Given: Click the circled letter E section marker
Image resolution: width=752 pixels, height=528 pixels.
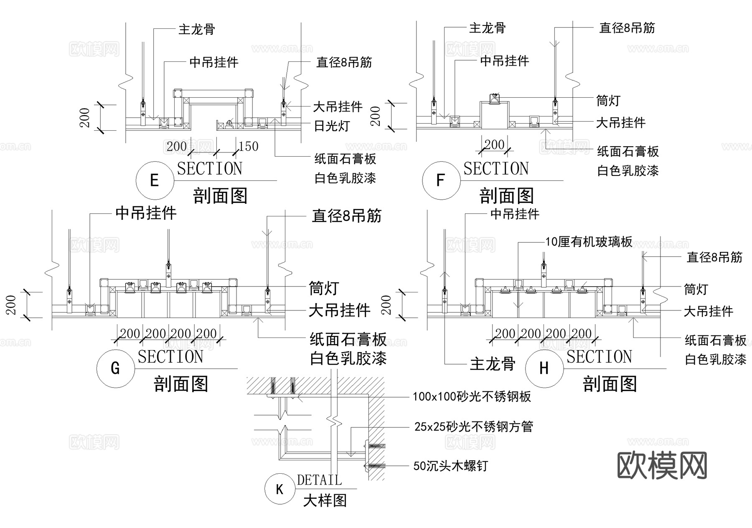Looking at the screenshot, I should click(x=155, y=180).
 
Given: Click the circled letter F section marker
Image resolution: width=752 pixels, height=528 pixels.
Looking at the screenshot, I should click(x=441, y=180).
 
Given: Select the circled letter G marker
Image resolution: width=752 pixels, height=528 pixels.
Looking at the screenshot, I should click(x=115, y=368).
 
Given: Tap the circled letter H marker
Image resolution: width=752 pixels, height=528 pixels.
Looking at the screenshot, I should click(x=544, y=368).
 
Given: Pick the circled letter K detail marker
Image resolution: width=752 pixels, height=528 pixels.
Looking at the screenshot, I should click(x=279, y=489).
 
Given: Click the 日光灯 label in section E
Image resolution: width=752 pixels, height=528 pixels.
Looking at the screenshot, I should click(x=332, y=126).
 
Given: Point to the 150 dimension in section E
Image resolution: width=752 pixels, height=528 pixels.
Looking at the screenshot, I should click(x=249, y=147).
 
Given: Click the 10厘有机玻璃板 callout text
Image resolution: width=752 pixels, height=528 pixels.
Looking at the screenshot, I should click(x=589, y=242).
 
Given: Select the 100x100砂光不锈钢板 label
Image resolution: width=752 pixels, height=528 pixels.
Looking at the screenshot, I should click(x=472, y=396).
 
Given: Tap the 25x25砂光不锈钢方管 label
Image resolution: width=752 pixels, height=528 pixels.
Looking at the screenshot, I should click(x=473, y=426).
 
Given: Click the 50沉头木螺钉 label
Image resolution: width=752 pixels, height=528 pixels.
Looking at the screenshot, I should click(x=450, y=466).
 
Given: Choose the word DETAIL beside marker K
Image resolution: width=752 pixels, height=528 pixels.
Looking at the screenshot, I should click(x=319, y=480).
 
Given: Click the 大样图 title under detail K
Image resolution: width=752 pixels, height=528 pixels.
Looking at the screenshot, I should click(x=325, y=500).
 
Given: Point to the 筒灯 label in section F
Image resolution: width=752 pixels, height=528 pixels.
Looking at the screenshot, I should click(x=608, y=101).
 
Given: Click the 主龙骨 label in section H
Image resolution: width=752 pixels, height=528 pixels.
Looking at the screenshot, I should click(x=493, y=364).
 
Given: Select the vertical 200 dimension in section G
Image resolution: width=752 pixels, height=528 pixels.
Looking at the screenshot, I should click(x=11, y=305).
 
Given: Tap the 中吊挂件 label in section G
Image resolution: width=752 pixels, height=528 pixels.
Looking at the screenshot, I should click(x=146, y=213).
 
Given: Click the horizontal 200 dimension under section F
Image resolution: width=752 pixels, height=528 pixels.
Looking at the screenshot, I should click(x=494, y=145).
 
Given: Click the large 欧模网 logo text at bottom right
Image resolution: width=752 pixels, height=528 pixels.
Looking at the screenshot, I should click(x=662, y=465).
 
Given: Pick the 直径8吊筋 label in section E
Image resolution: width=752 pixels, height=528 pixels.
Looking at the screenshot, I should click(x=344, y=63).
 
